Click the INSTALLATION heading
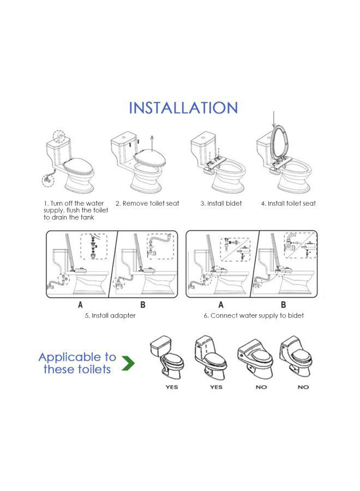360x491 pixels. pyautogui.click(x=183, y=107)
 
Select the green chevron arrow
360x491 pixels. pyautogui.click(x=128, y=363)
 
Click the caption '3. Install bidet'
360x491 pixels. pyautogui.click(x=221, y=203)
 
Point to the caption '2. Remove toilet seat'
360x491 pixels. pyautogui.click(x=147, y=203)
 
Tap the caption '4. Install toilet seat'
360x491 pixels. pyautogui.click(x=288, y=203)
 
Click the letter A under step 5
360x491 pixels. pyautogui.click(x=80, y=304)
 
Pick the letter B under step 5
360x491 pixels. pyautogui.click(x=143, y=304)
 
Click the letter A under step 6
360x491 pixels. pyautogui.click(x=221, y=304)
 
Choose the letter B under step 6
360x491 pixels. pyautogui.click(x=284, y=304)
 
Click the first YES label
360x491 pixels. pyautogui.click(x=172, y=387)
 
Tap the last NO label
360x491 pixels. pyautogui.click(x=303, y=387)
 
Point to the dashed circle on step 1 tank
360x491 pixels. pyautogui.click(x=58, y=136)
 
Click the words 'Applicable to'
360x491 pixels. pyautogui.click(x=77, y=357)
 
